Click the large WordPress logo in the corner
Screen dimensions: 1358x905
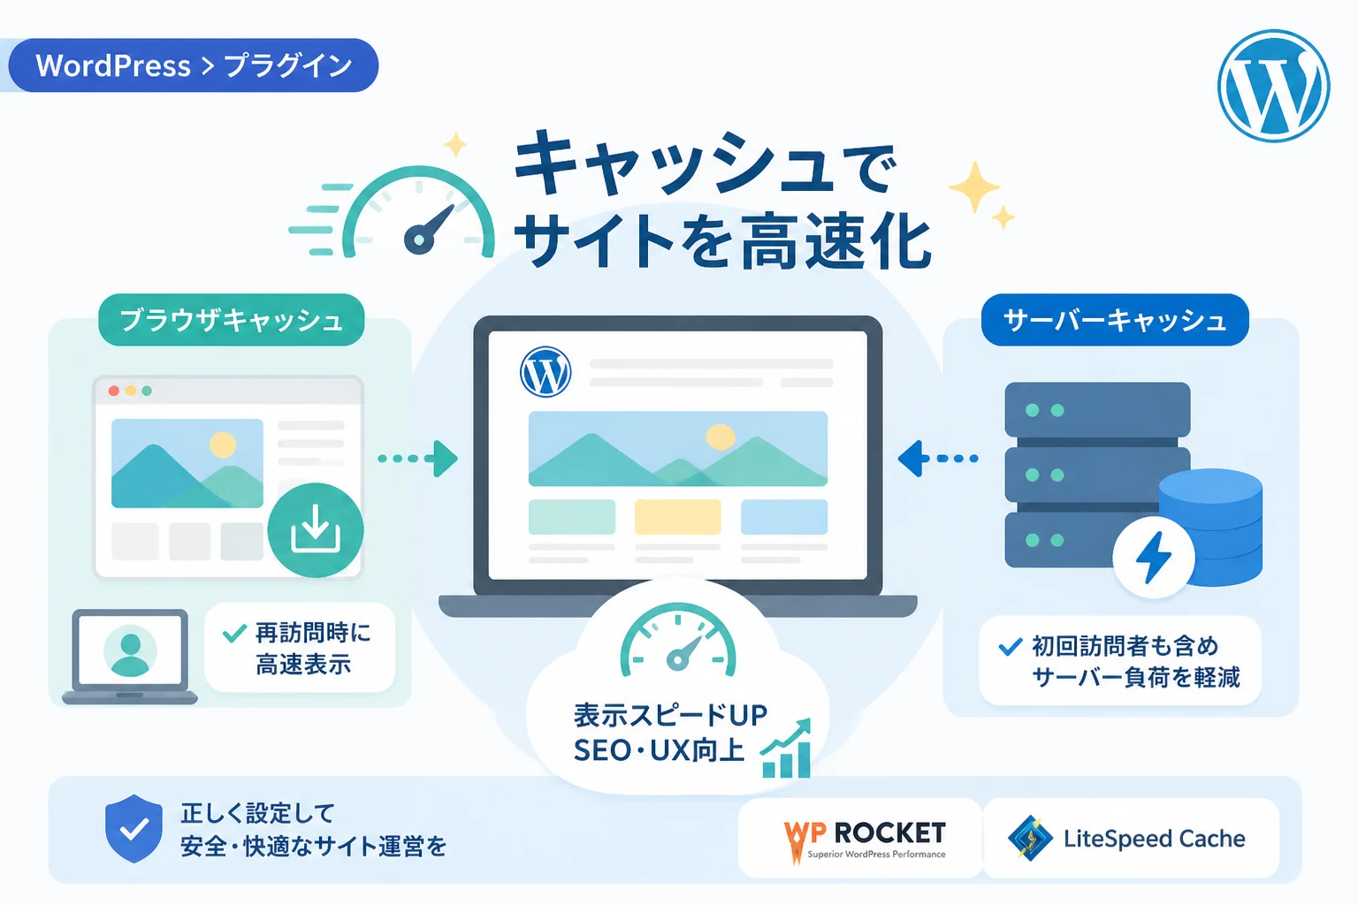coord(1273,86)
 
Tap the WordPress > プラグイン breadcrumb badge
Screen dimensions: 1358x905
coord(194,65)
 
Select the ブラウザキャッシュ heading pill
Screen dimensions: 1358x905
coord(231,319)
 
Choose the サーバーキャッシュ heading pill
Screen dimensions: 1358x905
coord(1115,319)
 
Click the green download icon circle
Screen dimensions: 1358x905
coord(316,529)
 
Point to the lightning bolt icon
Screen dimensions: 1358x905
coord(1153,558)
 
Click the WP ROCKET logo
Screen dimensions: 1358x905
coord(864,840)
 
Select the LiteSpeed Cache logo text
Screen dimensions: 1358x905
coord(1155,839)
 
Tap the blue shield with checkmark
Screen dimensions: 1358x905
coord(134,828)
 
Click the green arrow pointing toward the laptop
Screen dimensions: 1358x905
coord(417,459)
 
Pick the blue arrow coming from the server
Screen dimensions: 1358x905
coord(938,459)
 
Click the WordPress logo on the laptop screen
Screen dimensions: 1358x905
coord(545,371)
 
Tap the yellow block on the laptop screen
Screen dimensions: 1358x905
coord(678,517)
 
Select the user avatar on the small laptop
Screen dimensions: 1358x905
coord(130,651)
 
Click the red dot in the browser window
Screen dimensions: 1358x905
coord(113,391)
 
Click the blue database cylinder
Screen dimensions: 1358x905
coord(1210,528)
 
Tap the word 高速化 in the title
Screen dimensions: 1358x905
coord(835,242)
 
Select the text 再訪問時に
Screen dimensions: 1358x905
coord(313,633)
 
